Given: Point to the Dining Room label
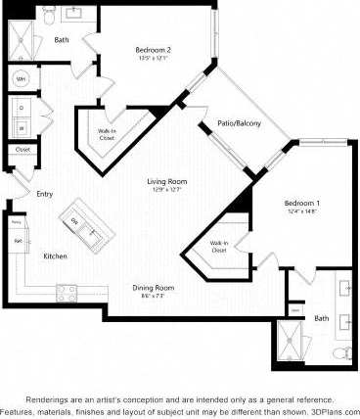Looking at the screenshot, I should (x=154, y=287).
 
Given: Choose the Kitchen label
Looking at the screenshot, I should (x=55, y=256).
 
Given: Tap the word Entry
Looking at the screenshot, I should (x=45, y=194).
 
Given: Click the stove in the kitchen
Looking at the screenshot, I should (x=68, y=290).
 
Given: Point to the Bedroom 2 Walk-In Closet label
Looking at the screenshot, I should (x=106, y=135).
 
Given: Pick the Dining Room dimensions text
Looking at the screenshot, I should (x=154, y=296).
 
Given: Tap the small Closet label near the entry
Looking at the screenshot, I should (x=22, y=151).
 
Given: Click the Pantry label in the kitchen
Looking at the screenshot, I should (x=17, y=222).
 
